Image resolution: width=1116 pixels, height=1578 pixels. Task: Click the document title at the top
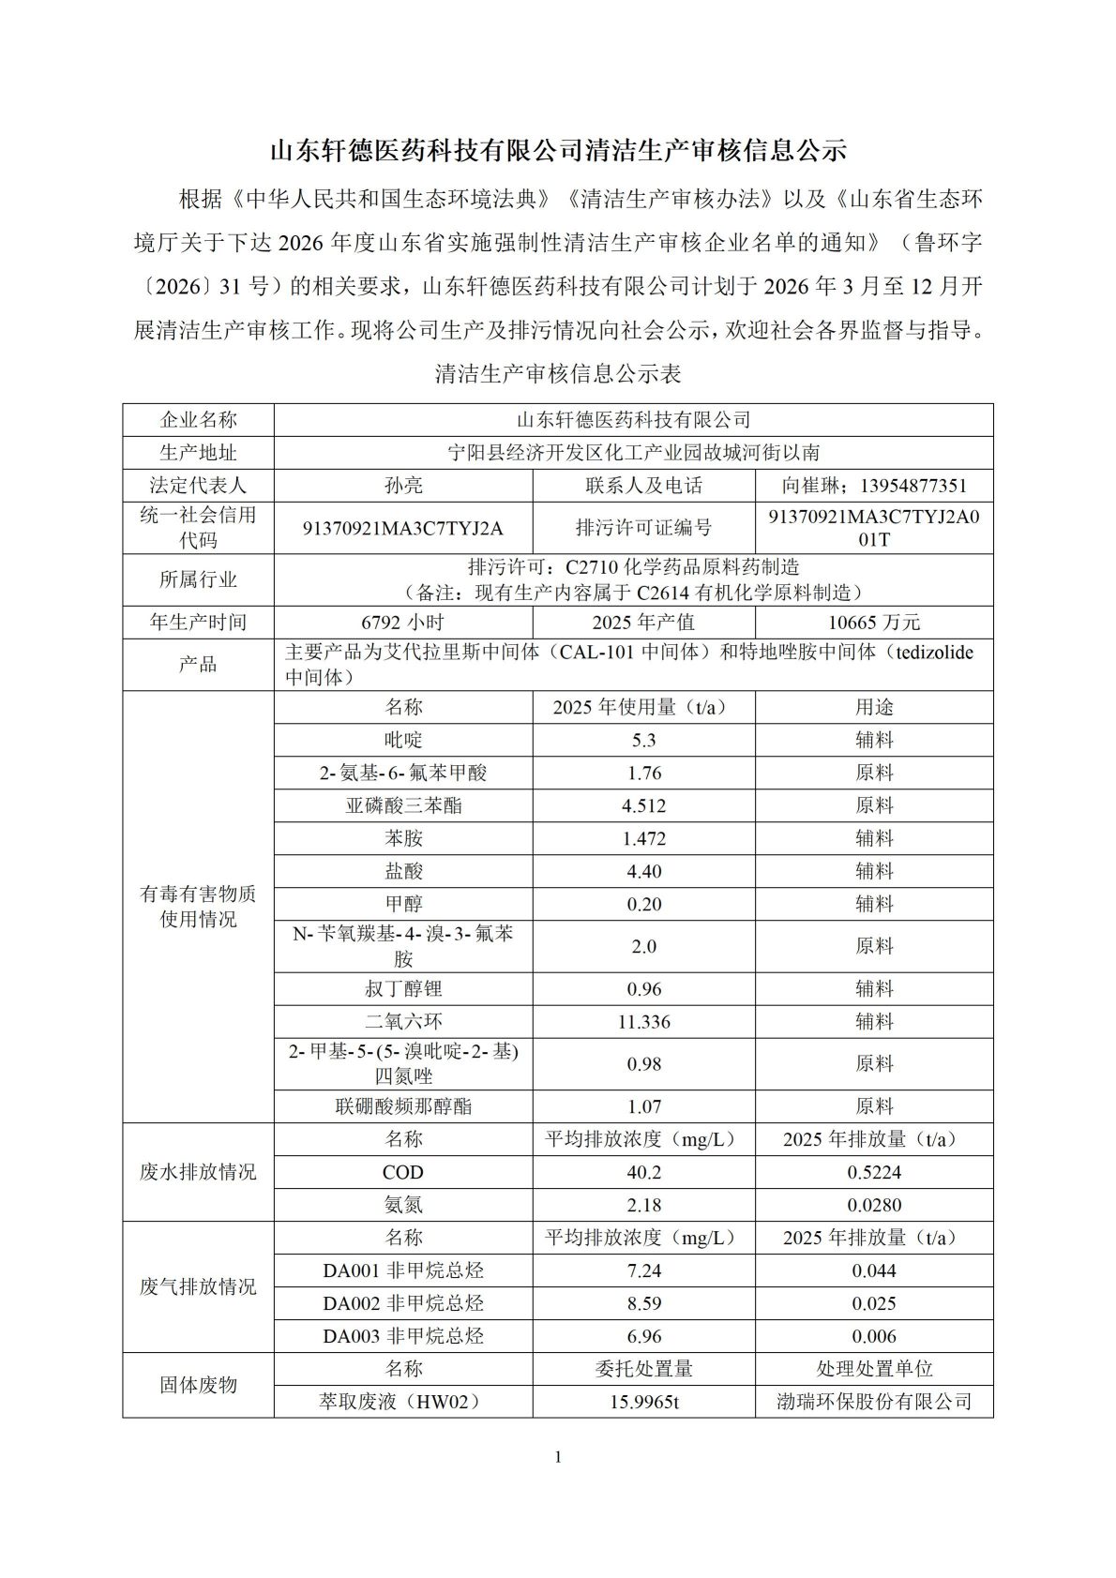[x=558, y=151]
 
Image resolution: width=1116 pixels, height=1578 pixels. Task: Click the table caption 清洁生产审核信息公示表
[x=558, y=374]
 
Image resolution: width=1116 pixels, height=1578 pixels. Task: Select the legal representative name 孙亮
[x=403, y=486]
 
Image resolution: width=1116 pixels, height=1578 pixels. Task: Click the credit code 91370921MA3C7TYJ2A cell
[x=403, y=528]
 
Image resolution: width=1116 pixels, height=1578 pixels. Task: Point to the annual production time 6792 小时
[x=403, y=623]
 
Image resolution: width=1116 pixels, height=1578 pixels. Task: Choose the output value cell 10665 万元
[x=874, y=623]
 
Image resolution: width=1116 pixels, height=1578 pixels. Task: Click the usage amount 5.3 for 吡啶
[x=644, y=740]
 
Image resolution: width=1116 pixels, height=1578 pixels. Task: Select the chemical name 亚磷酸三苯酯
[x=403, y=805]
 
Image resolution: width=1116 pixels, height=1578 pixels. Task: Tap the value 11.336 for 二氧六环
[x=644, y=1021]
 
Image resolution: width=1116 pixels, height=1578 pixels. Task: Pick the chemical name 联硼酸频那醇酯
[x=403, y=1106]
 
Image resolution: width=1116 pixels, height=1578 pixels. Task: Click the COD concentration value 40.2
[x=644, y=1172]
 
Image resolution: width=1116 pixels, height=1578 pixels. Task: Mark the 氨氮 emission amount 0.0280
[x=874, y=1205]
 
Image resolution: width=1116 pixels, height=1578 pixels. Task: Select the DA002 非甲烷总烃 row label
[x=403, y=1303]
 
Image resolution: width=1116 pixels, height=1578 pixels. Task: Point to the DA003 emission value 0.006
[x=874, y=1336]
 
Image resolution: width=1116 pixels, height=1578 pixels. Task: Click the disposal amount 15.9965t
[x=644, y=1402]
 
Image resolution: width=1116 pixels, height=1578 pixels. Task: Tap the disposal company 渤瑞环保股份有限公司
[x=874, y=1402]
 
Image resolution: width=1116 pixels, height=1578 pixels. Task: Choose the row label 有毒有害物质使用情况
[x=198, y=907]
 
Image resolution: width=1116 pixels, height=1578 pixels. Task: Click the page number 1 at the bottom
[x=558, y=1456]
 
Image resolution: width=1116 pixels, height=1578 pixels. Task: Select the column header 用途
[x=874, y=707]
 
